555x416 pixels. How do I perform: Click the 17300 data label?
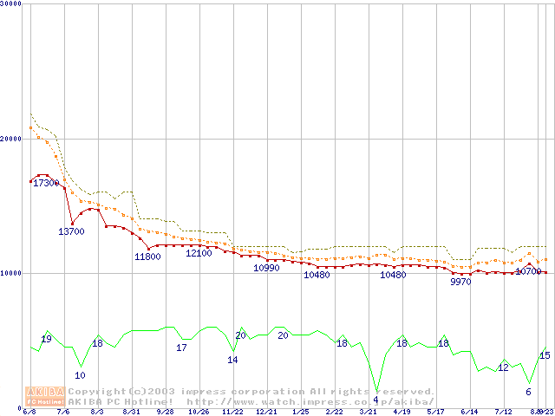(x=46, y=184)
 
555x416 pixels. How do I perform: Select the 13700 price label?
(x=71, y=231)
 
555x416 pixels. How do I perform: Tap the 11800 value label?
(x=147, y=257)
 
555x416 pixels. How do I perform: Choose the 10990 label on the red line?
(x=266, y=269)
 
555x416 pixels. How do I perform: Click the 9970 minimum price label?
(x=461, y=282)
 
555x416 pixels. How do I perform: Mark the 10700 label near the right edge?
(x=528, y=271)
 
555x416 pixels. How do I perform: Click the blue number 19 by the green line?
(x=47, y=339)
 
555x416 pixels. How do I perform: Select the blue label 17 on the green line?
(x=181, y=348)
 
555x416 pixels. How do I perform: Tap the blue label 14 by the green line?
(x=232, y=360)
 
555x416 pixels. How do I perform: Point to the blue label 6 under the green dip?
(x=528, y=392)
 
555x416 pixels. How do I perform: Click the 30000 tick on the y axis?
(x=11, y=4)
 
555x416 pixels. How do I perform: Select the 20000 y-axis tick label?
(x=11, y=139)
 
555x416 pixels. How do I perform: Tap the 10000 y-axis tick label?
(x=11, y=273)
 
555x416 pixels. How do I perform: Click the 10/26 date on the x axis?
(x=199, y=412)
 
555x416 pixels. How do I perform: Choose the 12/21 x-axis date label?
(x=266, y=412)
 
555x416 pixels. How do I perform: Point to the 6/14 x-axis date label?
(x=469, y=412)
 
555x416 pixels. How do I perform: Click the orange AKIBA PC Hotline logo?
(x=43, y=396)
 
